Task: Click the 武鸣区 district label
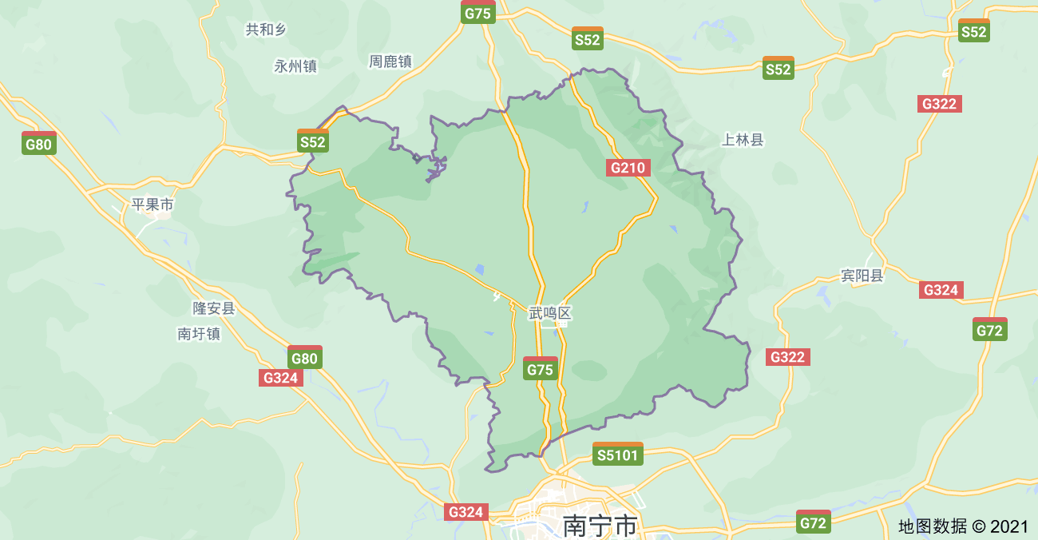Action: (x=550, y=313)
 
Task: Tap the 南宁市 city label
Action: (x=600, y=526)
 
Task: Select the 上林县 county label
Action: (x=743, y=141)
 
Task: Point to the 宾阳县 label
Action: (x=862, y=276)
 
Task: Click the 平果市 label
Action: (x=152, y=204)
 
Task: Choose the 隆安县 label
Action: (x=214, y=308)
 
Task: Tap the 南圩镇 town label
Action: (x=199, y=334)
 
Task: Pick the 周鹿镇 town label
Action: (x=390, y=62)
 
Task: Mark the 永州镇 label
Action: (x=295, y=67)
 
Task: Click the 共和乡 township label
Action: (x=265, y=30)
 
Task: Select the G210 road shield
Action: (x=628, y=168)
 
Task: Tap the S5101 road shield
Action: (x=618, y=455)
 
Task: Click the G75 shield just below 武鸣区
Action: (x=540, y=369)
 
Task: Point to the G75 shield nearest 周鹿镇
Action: (x=478, y=13)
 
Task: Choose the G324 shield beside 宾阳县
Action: (x=941, y=290)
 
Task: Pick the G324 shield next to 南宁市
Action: (x=466, y=512)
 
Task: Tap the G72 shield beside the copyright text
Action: (x=813, y=522)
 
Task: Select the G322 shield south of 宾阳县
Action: (x=787, y=357)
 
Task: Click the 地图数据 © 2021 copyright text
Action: (x=963, y=526)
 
